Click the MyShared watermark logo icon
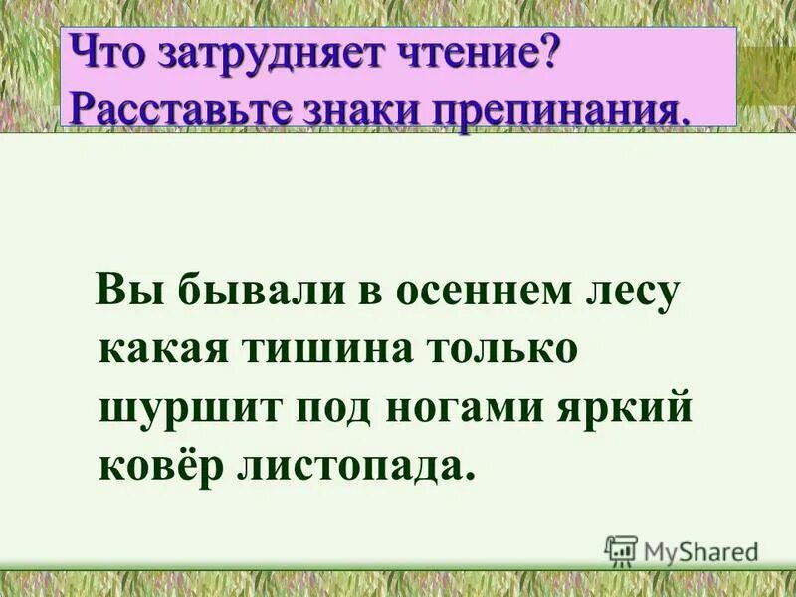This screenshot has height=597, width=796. click(x=621, y=550)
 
